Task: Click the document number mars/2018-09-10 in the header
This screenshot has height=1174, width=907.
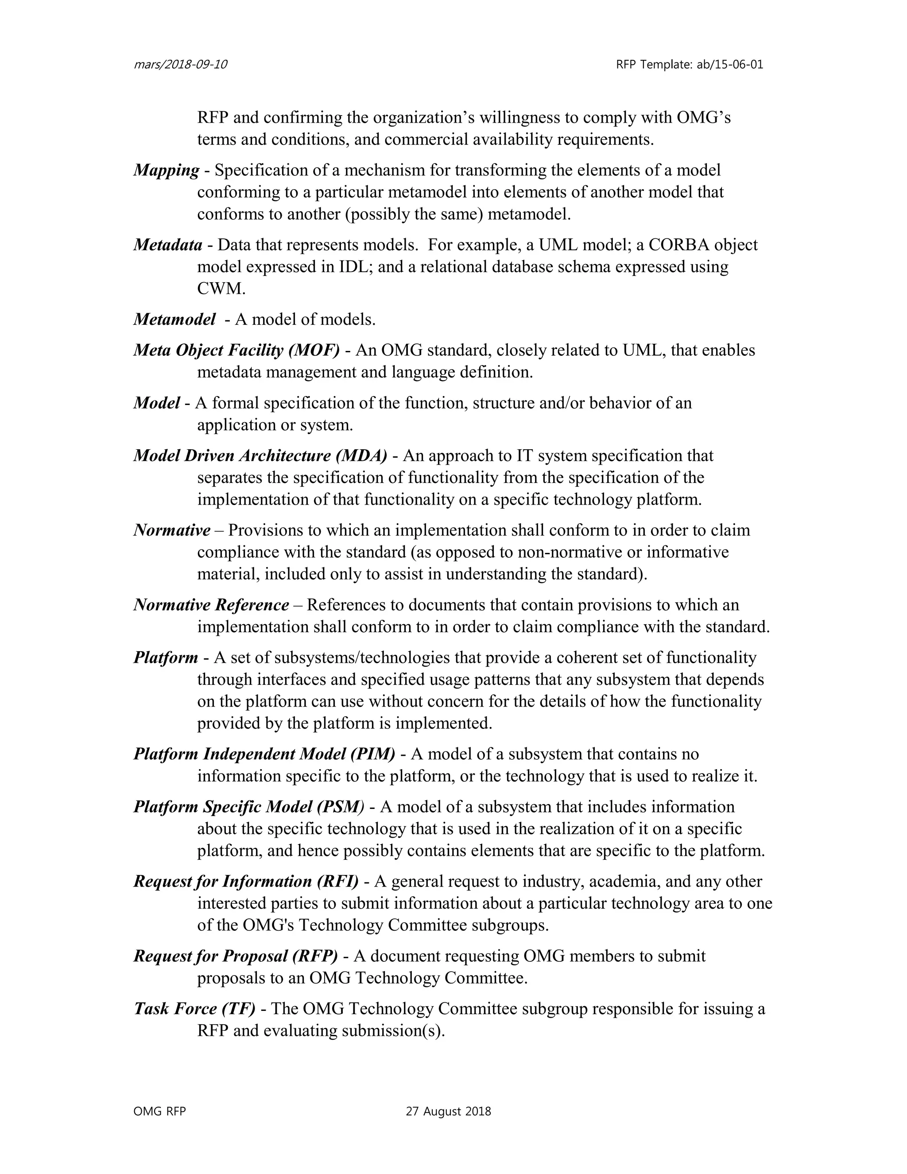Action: (180, 65)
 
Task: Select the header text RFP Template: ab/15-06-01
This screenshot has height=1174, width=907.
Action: (690, 65)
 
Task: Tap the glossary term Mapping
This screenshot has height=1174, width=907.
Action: (166, 171)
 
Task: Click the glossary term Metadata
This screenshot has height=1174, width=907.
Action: (168, 245)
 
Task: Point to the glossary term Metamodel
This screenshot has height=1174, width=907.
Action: (174, 320)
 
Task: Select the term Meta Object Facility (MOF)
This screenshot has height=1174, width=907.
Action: (236, 350)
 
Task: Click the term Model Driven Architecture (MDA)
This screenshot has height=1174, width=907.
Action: (260, 456)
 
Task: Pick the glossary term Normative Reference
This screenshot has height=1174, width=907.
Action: (211, 605)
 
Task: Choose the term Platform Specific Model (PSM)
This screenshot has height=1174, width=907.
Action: (249, 807)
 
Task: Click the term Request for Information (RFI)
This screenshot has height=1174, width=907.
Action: (245, 882)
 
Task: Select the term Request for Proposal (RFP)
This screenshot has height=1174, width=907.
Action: (235, 956)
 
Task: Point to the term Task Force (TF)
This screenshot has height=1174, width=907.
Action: (194, 1008)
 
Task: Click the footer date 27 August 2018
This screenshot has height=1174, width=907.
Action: (448, 1112)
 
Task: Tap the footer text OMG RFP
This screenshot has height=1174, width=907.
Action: (159, 1112)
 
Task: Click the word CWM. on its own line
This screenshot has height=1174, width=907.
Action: (221, 289)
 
